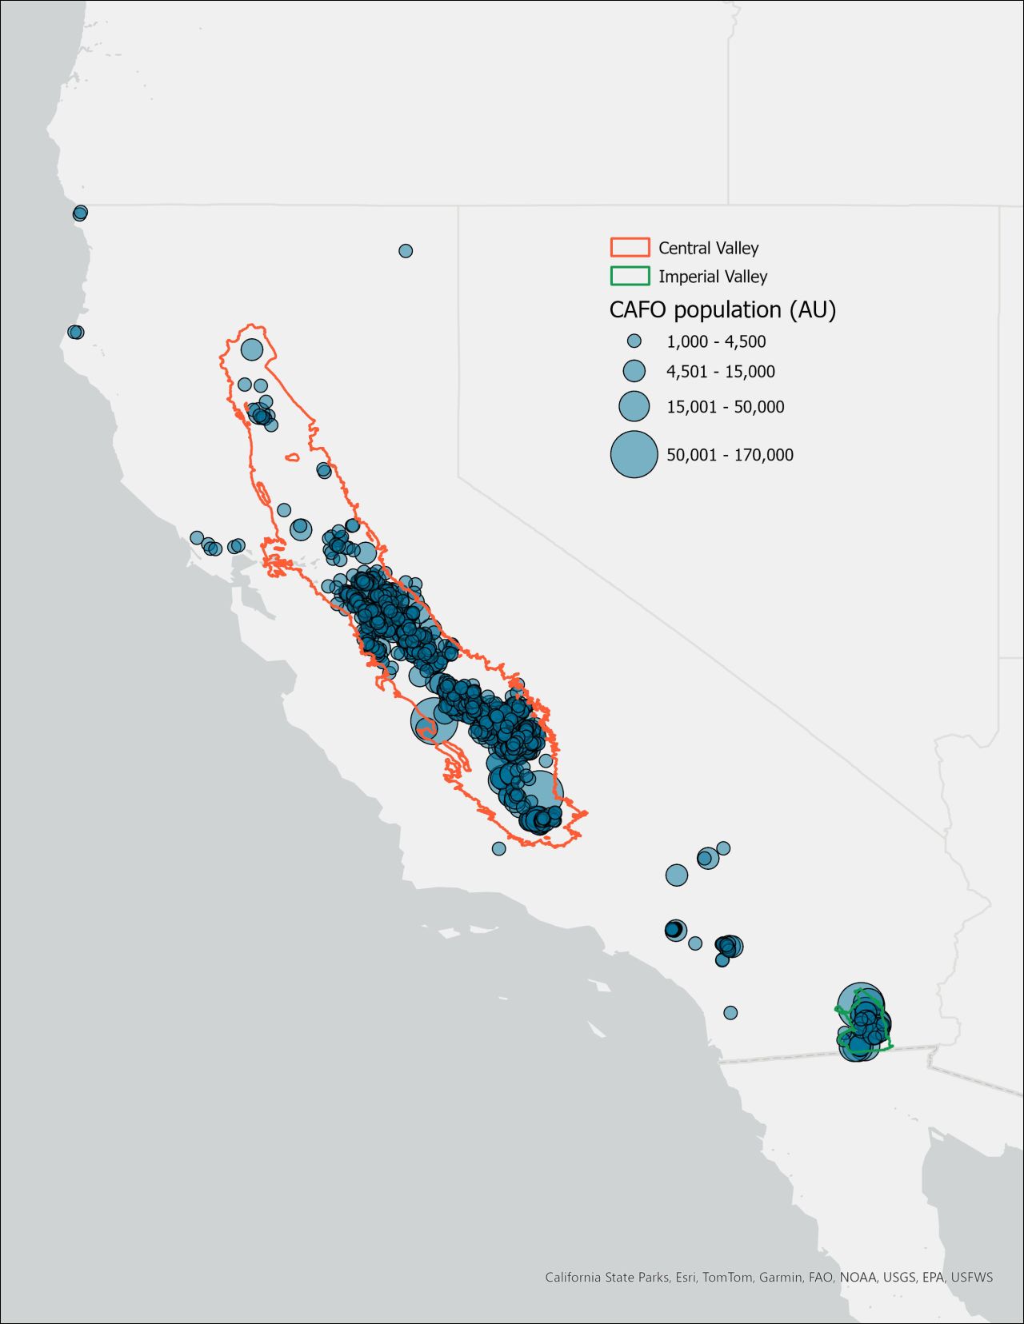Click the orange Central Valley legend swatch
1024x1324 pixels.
(630, 247)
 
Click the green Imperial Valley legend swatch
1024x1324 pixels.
(630, 276)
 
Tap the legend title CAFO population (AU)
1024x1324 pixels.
(722, 309)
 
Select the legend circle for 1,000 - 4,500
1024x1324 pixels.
(634, 341)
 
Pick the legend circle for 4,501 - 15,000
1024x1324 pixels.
(634, 371)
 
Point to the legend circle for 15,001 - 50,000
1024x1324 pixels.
(634, 406)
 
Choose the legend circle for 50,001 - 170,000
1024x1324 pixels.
(634, 454)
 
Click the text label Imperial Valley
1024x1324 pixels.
(713, 277)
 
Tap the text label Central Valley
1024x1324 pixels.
(708, 248)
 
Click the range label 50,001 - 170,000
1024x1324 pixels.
(730, 455)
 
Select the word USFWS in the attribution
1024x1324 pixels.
(971, 1277)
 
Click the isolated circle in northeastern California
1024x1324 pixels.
(406, 251)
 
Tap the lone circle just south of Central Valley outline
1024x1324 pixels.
(498, 848)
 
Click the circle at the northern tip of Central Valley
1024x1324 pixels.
(252, 349)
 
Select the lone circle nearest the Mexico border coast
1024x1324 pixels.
(730, 1013)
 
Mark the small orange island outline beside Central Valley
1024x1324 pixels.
(292, 458)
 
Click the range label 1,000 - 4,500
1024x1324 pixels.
(716, 342)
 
